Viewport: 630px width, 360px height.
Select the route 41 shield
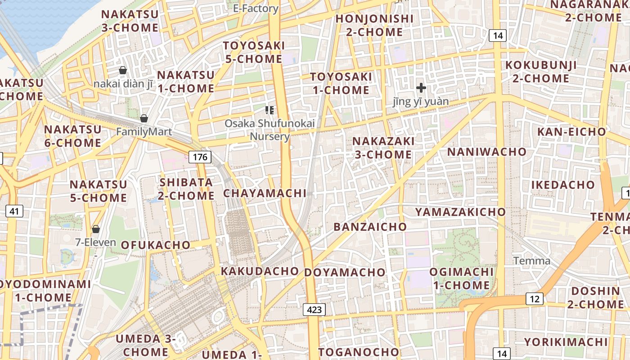[14, 211]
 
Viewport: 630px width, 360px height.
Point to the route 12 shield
[534, 299]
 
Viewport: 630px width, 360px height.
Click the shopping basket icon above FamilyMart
[144, 118]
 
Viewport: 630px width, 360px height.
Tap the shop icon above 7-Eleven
[95, 229]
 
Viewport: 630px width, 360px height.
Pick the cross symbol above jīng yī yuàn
[421, 88]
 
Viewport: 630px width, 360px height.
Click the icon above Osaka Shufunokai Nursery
[270, 110]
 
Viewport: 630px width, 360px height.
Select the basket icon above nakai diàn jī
[122, 70]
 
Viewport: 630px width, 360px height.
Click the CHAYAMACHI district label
[265, 193]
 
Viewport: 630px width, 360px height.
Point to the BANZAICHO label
[370, 227]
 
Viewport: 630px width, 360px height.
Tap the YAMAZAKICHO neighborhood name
[460, 212]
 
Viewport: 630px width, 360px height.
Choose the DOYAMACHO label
[345, 272]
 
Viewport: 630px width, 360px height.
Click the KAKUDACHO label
[260, 271]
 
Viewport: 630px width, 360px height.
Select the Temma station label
[531, 261]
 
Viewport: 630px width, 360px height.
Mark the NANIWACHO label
[486, 152]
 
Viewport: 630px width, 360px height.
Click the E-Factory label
[256, 8]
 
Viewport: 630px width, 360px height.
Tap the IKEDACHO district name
[563, 185]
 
